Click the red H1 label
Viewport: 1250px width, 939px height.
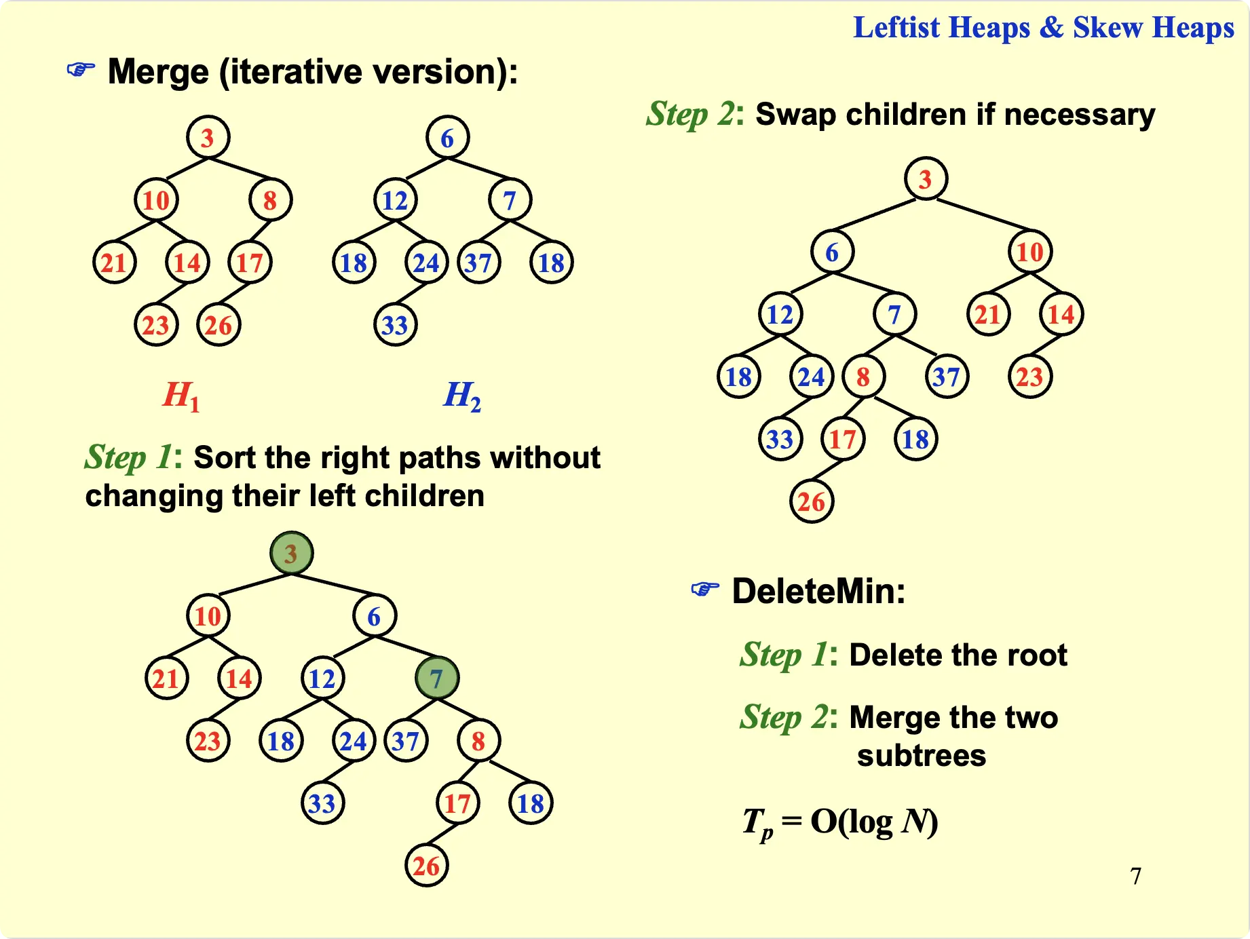pos(181,396)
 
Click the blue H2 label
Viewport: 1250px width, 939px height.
pos(462,396)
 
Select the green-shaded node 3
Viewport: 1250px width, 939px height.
pos(291,553)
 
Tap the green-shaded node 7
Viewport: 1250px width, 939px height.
pos(436,678)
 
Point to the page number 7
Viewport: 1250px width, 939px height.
pos(1135,876)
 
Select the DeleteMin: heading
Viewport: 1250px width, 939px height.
pos(818,591)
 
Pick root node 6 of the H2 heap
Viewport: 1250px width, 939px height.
pos(447,138)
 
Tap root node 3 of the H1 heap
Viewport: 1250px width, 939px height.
pos(208,138)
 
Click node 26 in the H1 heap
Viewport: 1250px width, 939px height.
pos(219,325)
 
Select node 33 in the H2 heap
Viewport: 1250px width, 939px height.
pos(395,325)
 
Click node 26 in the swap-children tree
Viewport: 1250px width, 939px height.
pos(812,501)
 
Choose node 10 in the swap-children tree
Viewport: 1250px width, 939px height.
pos(1030,252)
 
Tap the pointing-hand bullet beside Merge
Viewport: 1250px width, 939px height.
pos(81,70)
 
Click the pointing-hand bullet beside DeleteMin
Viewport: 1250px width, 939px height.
pos(705,589)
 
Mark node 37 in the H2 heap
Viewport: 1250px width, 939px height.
pos(478,263)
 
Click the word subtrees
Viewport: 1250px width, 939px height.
pos(921,755)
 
